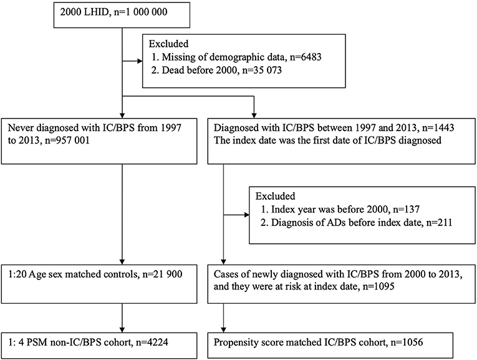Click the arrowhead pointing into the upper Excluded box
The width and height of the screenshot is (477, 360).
[140, 61]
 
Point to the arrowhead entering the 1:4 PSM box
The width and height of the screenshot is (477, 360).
[122, 326]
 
